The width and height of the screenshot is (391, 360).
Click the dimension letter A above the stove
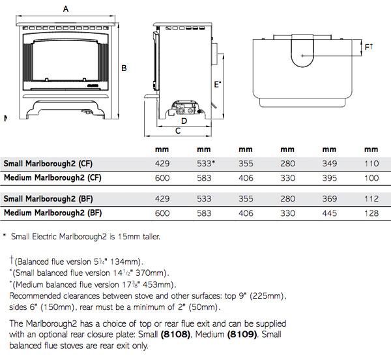click(65, 8)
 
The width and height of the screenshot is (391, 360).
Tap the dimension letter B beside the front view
click(124, 68)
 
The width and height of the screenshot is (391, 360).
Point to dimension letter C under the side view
click(177, 132)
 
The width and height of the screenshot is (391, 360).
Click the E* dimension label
click(217, 84)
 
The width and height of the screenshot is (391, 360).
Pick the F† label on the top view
click(369, 47)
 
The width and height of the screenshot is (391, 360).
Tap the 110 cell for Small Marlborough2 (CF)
click(371, 164)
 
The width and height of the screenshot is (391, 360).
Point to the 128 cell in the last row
click(371, 213)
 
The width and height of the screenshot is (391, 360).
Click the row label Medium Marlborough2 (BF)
click(53, 213)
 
